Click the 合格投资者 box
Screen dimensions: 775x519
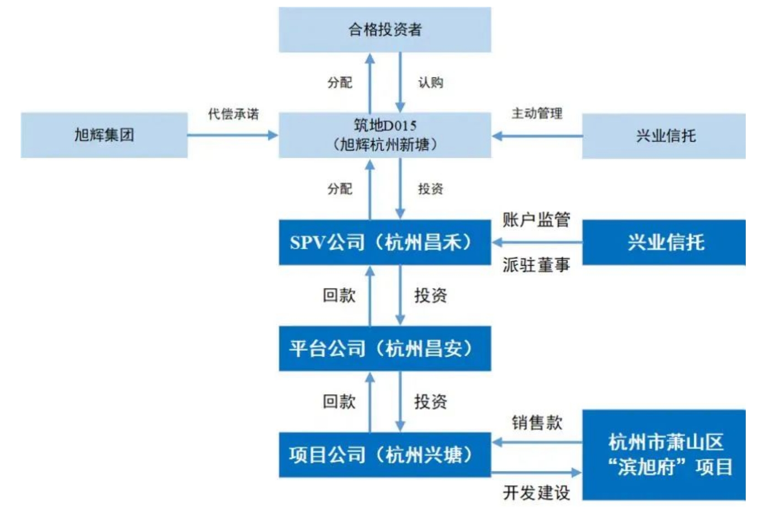[385, 30]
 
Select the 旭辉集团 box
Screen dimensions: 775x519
[104, 135]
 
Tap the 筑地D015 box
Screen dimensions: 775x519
[385, 135]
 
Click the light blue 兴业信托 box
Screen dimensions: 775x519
[663, 136]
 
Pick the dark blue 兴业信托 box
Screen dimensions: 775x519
[663, 242]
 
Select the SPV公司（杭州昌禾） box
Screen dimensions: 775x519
[385, 242]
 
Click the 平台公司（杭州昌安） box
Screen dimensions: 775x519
[385, 348]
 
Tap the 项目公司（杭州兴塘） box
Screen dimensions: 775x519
[385, 455]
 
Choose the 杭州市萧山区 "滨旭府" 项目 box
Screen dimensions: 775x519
[663, 455]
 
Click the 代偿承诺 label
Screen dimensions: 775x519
[233, 114]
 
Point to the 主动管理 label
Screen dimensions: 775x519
[537, 113]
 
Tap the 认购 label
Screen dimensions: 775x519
[431, 82]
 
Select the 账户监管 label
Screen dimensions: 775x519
[536, 219]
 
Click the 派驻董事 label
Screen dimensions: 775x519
[536, 265]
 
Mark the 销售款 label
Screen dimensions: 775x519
[537, 423]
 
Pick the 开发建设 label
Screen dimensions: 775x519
[536, 492]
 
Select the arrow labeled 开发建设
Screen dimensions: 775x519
[537, 472]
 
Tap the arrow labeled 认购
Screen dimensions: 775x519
[400, 82]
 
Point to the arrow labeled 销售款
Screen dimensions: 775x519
[537, 442]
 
